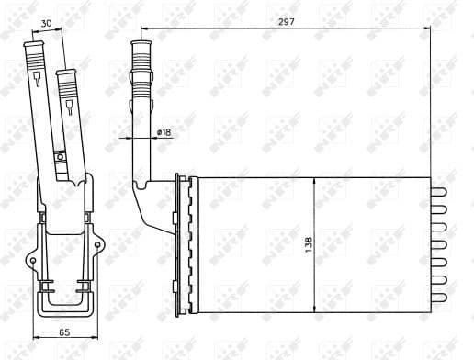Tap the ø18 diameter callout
(164, 133)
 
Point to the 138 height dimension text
(309, 244)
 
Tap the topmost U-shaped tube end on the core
(438, 192)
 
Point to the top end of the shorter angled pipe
(64, 71)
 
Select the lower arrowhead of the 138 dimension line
(316, 307)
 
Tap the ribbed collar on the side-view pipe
(142, 64)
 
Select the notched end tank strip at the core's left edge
(187, 243)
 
